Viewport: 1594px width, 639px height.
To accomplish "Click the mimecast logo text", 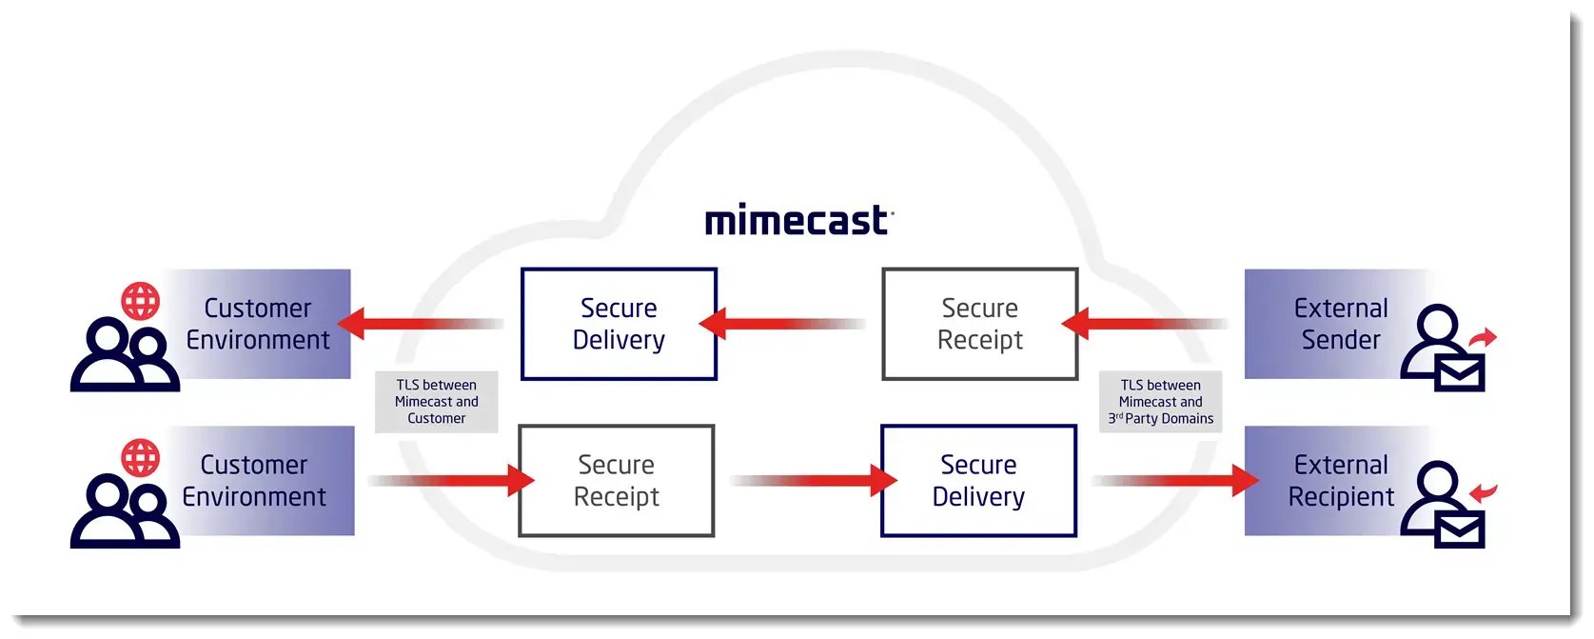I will click(x=797, y=221).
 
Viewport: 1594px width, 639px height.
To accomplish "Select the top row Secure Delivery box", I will click(x=619, y=324).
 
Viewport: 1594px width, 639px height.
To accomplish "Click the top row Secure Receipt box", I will click(x=979, y=324).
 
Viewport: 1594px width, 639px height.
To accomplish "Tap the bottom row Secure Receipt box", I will click(x=616, y=481).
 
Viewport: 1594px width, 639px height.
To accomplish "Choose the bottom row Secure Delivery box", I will click(x=978, y=481).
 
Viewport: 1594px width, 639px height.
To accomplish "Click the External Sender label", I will click(x=1340, y=324).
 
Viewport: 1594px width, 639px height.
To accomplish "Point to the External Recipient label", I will click(x=1340, y=481).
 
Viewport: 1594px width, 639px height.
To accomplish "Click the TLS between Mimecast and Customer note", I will click(x=436, y=402).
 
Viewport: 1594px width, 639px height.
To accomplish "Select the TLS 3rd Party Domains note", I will click(x=1160, y=402).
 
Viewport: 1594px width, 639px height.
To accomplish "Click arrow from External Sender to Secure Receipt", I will click(x=1142, y=324).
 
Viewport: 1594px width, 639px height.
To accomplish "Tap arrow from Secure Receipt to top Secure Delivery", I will click(x=780, y=324).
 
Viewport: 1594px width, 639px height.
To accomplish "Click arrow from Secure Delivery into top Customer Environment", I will click(x=419, y=324).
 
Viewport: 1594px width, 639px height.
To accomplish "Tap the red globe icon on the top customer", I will click(x=140, y=301).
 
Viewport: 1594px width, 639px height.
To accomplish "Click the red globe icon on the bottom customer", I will click(x=140, y=458).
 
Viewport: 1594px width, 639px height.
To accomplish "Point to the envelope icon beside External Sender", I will click(x=1460, y=372).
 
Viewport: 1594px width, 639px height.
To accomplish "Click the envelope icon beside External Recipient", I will click(x=1460, y=529).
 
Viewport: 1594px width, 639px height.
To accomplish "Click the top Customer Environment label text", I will click(x=257, y=324).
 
